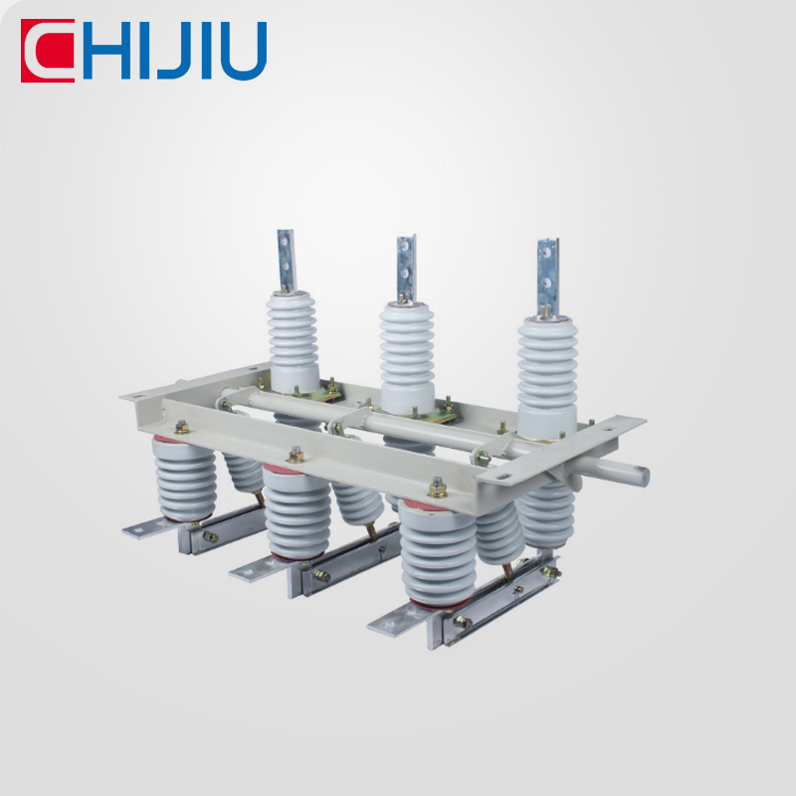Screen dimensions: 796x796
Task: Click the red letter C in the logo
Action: [47, 52]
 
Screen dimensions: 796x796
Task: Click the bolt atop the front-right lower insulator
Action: [437, 489]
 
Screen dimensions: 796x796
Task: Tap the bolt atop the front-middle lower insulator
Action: [296, 456]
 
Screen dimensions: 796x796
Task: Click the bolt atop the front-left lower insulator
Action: [182, 428]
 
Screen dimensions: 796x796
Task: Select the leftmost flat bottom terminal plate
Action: [149, 527]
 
